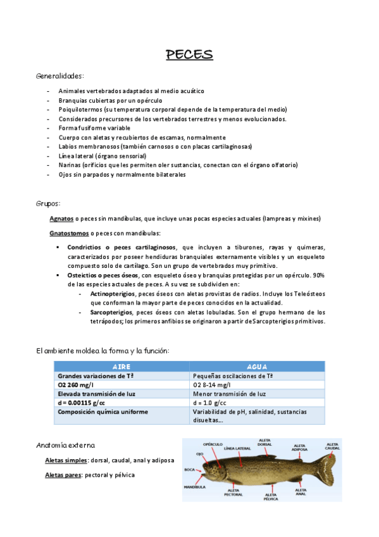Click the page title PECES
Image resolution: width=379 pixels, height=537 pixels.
(x=189, y=54)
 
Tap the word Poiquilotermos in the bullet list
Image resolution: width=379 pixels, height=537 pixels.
(x=78, y=109)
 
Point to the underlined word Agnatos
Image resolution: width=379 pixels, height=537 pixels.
(x=61, y=218)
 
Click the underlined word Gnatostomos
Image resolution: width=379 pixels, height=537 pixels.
(x=68, y=233)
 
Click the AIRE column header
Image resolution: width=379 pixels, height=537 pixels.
(x=121, y=367)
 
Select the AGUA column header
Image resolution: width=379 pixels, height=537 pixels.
(x=256, y=367)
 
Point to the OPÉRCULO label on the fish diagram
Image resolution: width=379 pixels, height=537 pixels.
(x=213, y=444)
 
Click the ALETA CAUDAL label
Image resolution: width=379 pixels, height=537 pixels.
(x=332, y=447)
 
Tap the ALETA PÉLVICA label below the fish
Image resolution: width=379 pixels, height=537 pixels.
(x=271, y=497)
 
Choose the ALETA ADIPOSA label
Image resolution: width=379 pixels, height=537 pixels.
(x=301, y=448)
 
